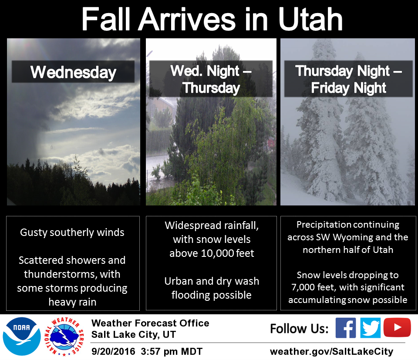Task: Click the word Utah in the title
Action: (x=310, y=19)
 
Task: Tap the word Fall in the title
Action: (x=106, y=19)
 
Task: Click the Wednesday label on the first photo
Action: (x=73, y=72)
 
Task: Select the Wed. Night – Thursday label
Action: (x=211, y=79)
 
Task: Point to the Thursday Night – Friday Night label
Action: (x=348, y=79)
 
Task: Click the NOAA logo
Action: (x=22, y=336)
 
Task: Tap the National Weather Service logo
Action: (x=64, y=336)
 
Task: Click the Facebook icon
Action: (x=346, y=328)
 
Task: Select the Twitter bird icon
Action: (x=370, y=328)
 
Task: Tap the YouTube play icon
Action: (x=397, y=327)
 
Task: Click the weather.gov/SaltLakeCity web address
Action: (x=331, y=351)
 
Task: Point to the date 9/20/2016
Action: (x=113, y=351)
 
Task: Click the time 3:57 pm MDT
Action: (x=172, y=351)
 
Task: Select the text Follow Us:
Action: (x=300, y=329)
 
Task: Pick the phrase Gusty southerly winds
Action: (x=72, y=232)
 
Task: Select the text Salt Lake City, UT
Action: (x=134, y=334)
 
